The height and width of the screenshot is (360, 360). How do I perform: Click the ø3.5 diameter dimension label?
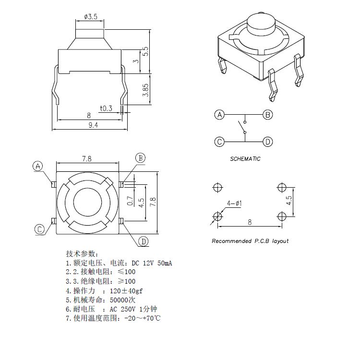pyautogui.click(x=90, y=17)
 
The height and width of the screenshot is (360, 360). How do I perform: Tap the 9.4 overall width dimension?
pyautogui.click(x=92, y=125)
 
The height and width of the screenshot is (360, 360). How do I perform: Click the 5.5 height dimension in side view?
pyautogui.click(x=146, y=52)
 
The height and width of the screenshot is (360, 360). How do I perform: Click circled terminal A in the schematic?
pyautogui.click(x=220, y=115)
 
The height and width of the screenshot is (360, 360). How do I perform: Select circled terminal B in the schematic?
pyautogui.click(x=268, y=115)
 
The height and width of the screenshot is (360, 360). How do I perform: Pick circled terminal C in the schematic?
pyautogui.click(x=220, y=142)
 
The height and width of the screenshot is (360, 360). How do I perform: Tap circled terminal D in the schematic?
pyautogui.click(x=268, y=142)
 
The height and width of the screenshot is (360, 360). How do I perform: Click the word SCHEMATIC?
pyautogui.click(x=245, y=159)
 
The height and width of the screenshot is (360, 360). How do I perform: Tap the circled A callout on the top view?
pyautogui.click(x=38, y=167)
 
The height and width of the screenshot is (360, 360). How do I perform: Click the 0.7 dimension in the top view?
pyautogui.click(x=128, y=200)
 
